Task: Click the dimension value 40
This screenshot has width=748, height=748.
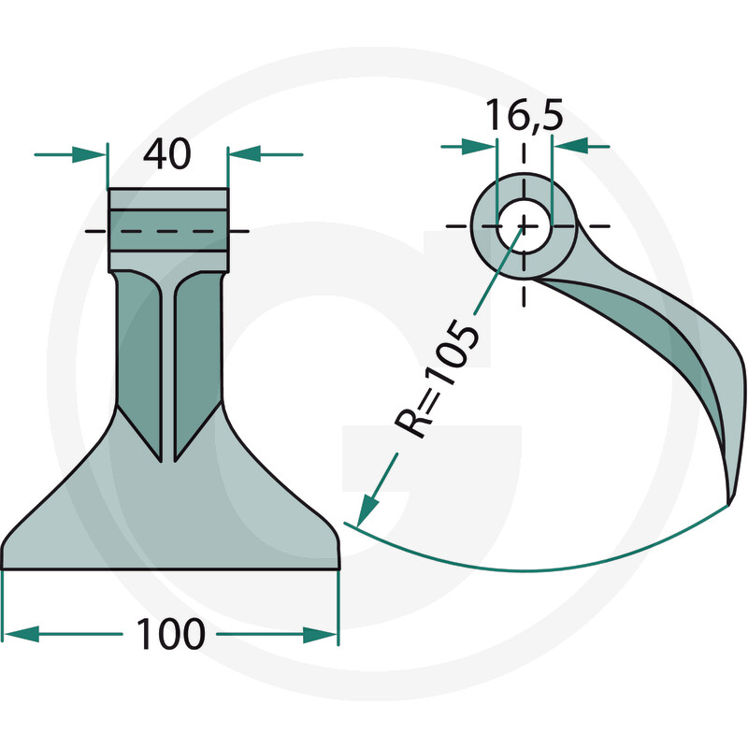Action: (167, 154)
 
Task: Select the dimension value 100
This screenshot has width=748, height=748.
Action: (170, 634)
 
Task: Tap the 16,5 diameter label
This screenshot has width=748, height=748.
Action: (524, 115)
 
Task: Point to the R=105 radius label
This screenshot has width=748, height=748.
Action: (436, 381)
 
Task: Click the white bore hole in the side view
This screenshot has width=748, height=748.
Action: (525, 226)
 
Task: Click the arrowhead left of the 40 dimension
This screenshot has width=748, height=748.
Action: (89, 154)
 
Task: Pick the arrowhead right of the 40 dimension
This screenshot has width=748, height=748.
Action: (245, 154)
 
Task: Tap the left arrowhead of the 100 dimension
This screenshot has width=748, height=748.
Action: (21, 634)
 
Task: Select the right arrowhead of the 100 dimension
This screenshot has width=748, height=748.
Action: (321, 635)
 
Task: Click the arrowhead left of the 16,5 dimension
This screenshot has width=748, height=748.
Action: (479, 147)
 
